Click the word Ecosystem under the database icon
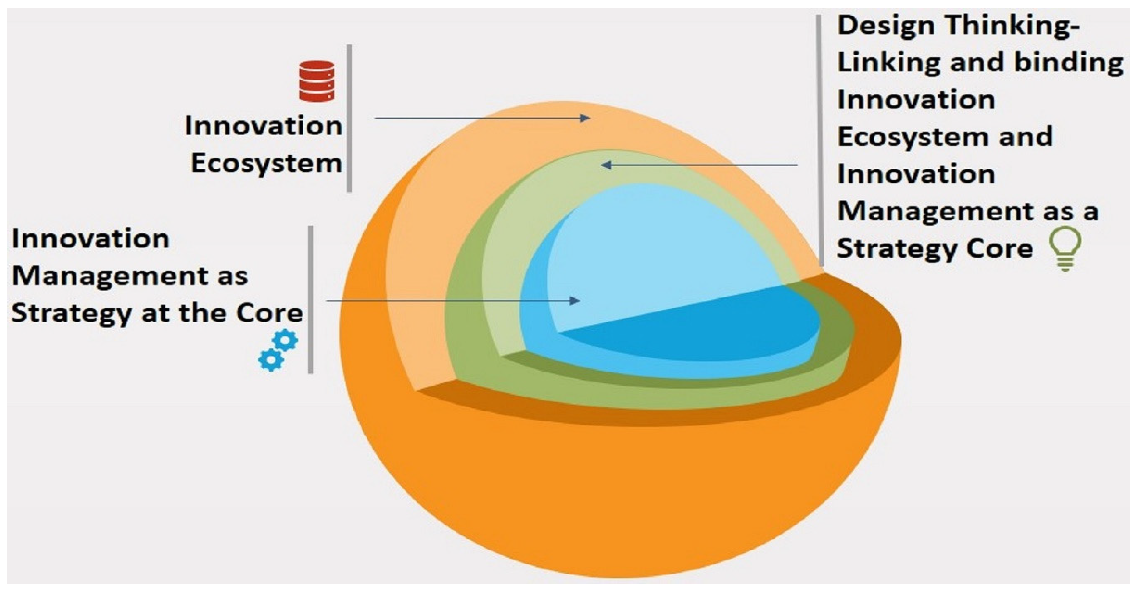(x=266, y=164)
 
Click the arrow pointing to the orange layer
(x=481, y=118)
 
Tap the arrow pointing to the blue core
(x=452, y=301)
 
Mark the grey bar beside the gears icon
(x=310, y=300)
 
